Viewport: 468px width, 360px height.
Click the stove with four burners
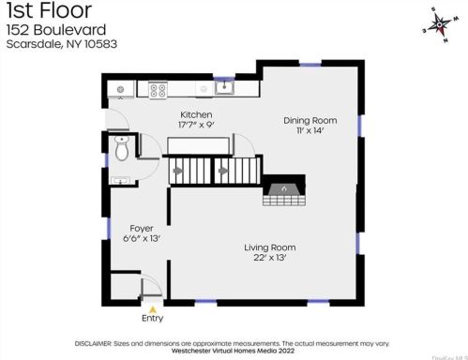tap(159, 91)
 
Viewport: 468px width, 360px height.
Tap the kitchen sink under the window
tap(224, 89)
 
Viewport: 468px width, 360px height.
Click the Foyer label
tap(142, 228)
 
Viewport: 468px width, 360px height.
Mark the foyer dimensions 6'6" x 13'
tap(142, 238)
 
